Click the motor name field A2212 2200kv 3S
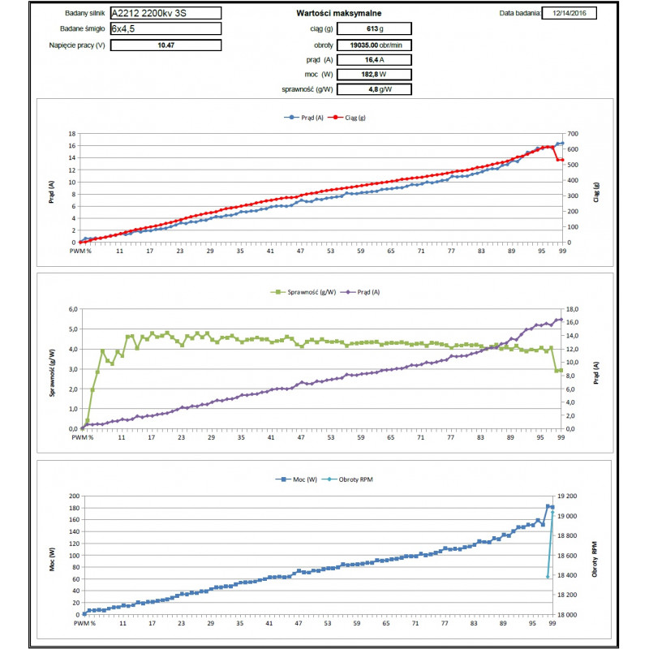pos(165,13)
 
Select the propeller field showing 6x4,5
pos(165,28)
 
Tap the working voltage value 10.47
pos(165,45)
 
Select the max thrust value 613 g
pos(375,28)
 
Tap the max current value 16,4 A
pos(375,59)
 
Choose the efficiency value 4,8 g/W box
pos(375,89)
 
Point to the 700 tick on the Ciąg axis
pos(575,134)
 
